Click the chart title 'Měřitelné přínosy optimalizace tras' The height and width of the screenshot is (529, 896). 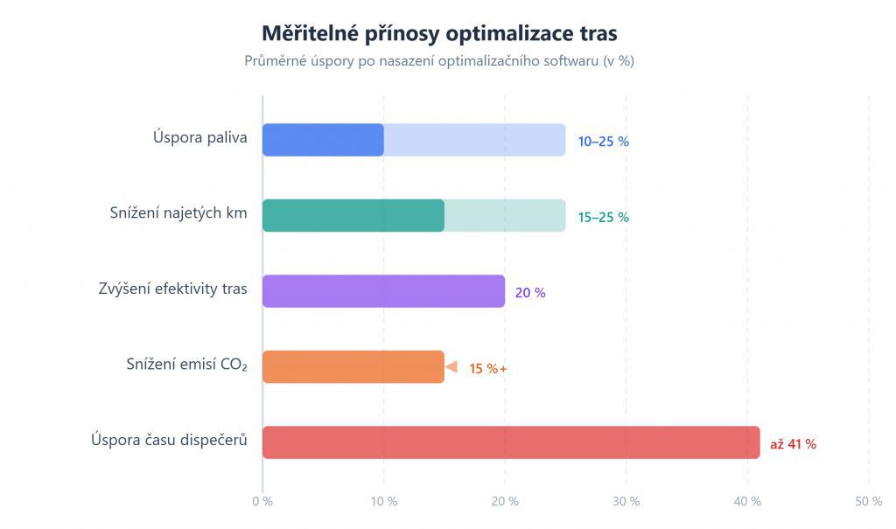tap(439, 33)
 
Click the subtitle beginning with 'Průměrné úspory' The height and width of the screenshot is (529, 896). tap(439, 61)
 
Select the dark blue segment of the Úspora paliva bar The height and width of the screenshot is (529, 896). tap(323, 140)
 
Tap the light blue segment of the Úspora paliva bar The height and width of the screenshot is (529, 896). tap(474, 140)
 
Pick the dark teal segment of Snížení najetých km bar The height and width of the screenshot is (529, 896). tap(353, 216)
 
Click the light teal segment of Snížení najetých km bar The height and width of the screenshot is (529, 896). tap(505, 216)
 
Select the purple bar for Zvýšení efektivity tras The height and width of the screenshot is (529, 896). tap(383, 291)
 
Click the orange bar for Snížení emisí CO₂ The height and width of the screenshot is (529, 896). tap(353, 367)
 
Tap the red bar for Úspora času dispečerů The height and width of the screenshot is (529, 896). tap(511, 442)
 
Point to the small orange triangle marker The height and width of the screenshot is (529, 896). tap(451, 367)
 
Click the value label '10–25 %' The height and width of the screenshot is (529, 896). tap(603, 141)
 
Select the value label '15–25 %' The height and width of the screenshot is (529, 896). tap(603, 217)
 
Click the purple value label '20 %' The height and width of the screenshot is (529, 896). tap(530, 293)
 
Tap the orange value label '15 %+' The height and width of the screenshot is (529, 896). tap(488, 368)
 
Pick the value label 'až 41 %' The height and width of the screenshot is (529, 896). tap(793, 444)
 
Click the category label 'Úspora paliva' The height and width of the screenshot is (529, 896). tap(200, 137)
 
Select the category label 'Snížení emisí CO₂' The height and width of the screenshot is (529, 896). tap(187, 365)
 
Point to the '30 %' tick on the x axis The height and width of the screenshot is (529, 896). tap(626, 501)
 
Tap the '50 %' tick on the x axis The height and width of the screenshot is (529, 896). tap(869, 501)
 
